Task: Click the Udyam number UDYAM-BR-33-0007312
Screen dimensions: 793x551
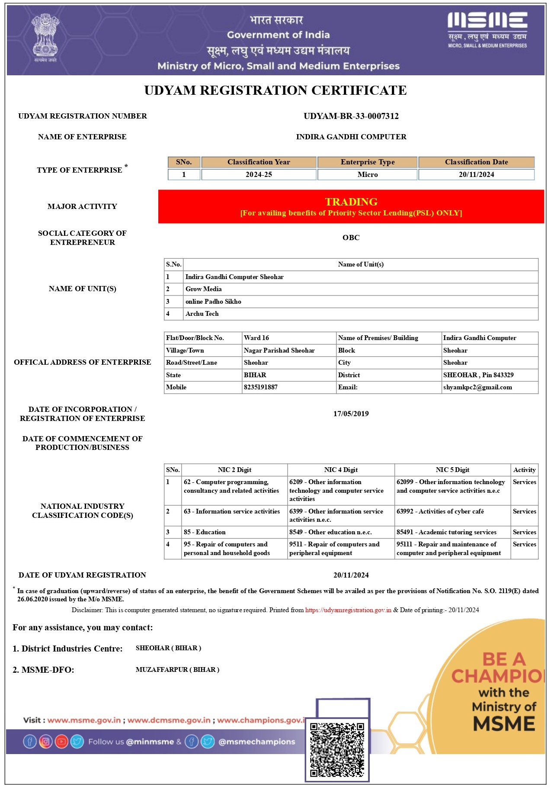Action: click(x=351, y=116)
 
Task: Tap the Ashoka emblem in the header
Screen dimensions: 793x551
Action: click(x=45, y=38)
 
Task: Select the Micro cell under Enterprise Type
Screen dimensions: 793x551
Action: click(x=367, y=174)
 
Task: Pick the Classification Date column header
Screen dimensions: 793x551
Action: click(x=476, y=162)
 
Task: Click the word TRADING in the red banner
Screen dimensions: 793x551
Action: click(x=351, y=202)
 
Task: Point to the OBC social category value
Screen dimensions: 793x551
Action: click(x=351, y=238)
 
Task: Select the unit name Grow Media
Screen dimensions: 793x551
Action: click(x=203, y=289)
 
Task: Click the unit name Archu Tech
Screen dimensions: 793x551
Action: click(x=202, y=314)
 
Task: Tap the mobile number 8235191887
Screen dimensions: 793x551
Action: click(x=260, y=387)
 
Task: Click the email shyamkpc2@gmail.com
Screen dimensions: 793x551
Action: click(x=477, y=387)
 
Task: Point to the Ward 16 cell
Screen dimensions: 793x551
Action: click(x=256, y=338)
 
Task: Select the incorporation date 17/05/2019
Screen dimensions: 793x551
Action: click(x=351, y=414)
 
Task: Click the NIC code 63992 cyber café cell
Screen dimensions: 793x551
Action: click(x=440, y=511)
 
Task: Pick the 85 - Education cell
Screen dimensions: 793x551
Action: click(x=205, y=532)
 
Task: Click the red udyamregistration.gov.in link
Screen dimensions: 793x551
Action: click(x=348, y=610)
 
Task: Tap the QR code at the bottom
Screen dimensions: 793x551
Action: click(x=337, y=749)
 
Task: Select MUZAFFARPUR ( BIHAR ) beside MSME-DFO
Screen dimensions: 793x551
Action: click(x=177, y=670)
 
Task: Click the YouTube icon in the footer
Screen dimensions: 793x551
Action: click(x=61, y=742)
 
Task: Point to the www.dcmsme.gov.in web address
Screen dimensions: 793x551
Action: click(x=169, y=720)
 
